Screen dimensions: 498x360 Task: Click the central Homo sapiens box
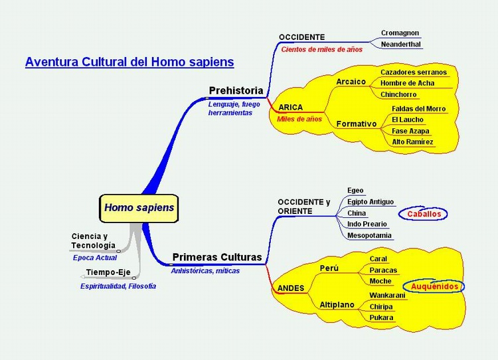tap(139, 208)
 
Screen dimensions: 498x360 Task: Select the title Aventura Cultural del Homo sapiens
tap(129, 62)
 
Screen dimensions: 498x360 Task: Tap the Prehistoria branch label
tap(236, 90)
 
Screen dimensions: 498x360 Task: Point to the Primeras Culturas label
tap(217, 257)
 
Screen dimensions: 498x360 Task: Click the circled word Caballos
tap(424, 214)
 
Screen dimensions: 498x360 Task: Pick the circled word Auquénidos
tap(434, 286)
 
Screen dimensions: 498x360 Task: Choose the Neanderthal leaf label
tap(401, 44)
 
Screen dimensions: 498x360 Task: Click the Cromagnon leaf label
tap(400, 33)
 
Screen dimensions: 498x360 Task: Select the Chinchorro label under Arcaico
tap(398, 94)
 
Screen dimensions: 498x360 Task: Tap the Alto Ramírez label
tap(412, 141)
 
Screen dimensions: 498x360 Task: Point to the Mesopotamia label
tap(369, 235)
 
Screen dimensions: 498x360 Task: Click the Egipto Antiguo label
tap(371, 202)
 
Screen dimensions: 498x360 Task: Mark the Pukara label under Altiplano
tap(381, 317)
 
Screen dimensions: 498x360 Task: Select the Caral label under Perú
tap(378, 258)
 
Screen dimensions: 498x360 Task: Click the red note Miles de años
tap(299, 119)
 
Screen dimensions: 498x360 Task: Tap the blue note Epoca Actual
tap(95, 258)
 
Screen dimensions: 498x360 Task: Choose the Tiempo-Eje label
tap(108, 272)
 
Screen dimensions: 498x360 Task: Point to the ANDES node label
tap(291, 288)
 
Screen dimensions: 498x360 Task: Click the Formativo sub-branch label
tap(357, 124)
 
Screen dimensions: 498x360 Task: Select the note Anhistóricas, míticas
tap(205, 271)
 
